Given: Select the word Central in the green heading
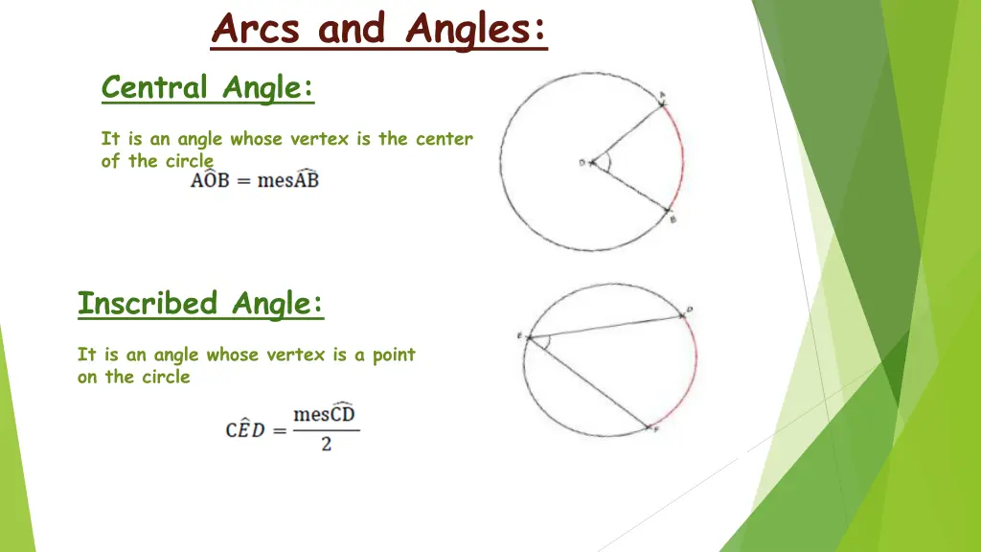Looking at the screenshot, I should tap(154, 88).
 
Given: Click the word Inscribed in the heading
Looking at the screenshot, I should tap(148, 304).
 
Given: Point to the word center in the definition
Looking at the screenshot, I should tap(445, 139).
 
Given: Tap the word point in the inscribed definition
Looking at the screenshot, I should tap(394, 355).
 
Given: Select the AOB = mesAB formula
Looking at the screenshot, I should tap(254, 180).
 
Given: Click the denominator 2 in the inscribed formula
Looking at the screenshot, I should tap(326, 445).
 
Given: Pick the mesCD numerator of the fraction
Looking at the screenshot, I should tap(325, 415).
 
